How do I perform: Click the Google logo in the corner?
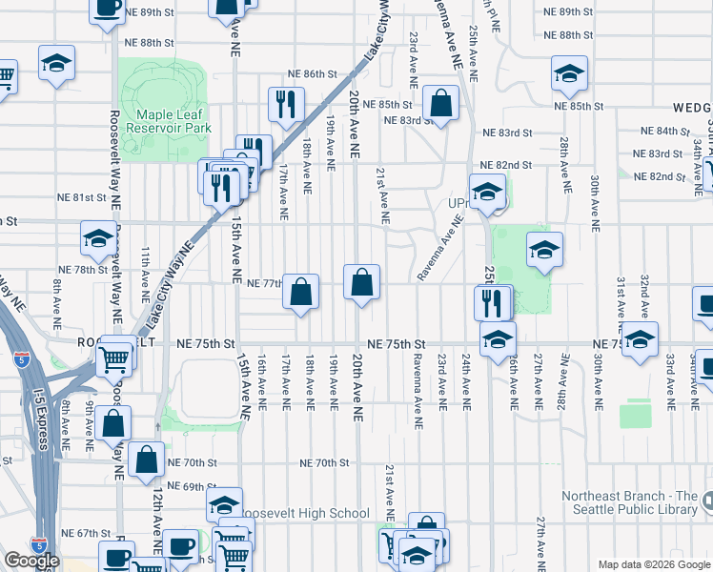[x=31, y=561]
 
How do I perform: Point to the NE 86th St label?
[x=314, y=74]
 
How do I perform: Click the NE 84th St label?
[x=664, y=132]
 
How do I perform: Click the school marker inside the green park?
[x=543, y=250]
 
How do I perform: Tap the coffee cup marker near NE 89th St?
[x=107, y=7]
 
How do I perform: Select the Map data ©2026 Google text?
[x=653, y=564]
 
